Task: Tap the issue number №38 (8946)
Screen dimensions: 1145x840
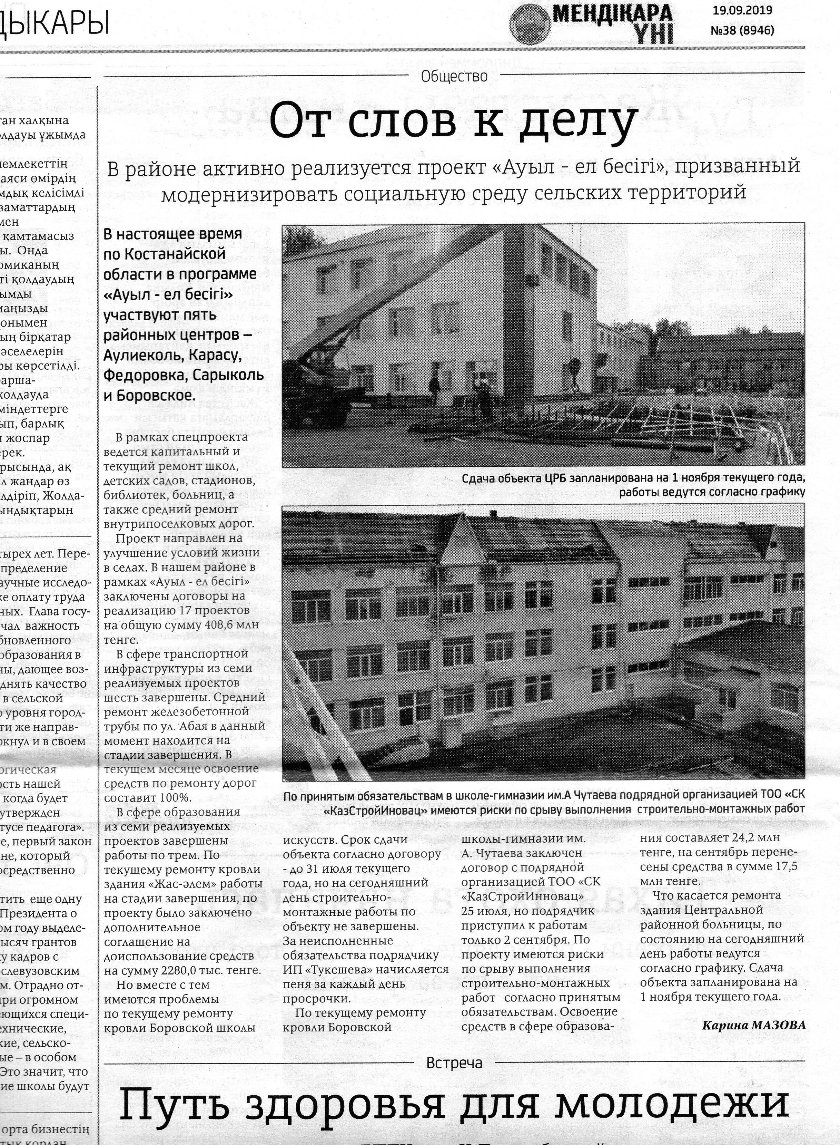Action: pyautogui.click(x=742, y=30)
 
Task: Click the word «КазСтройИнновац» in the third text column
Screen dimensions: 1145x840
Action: pyautogui.click(x=523, y=895)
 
